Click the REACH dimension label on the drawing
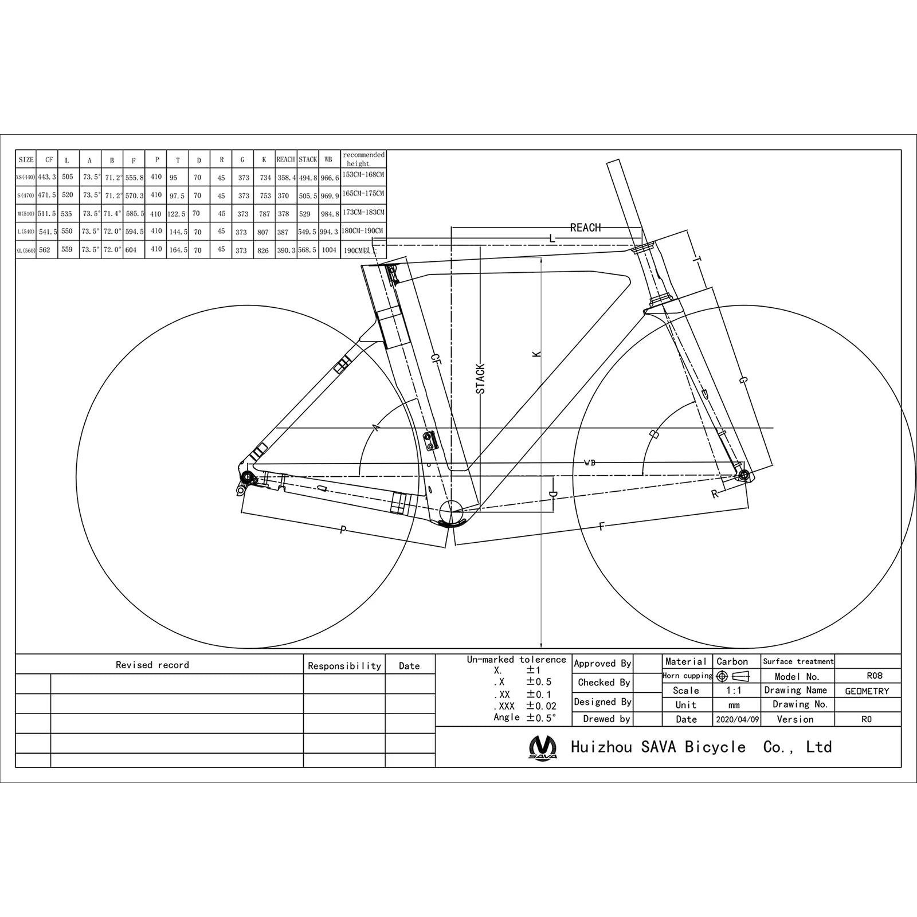click(x=585, y=228)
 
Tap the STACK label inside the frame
click(x=480, y=379)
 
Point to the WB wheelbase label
click(x=589, y=463)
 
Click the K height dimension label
click(x=536, y=355)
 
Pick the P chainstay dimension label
click(x=343, y=530)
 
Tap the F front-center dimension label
click(x=601, y=527)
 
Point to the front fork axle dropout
click(x=744, y=474)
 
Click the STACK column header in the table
click(x=308, y=159)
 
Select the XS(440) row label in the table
click(x=26, y=177)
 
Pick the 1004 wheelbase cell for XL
click(x=329, y=250)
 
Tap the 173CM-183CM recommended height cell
click(x=363, y=213)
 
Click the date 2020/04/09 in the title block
click(x=737, y=719)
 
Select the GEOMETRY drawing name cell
click(x=867, y=691)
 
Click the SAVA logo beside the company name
click(x=542, y=747)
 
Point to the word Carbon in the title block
click(x=732, y=661)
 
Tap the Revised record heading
click(x=152, y=665)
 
